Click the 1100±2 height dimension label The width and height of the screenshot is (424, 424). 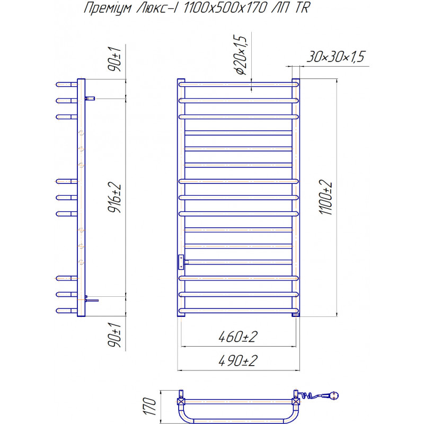pyautogui.click(x=325, y=197)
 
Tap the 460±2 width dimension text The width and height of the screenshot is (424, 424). pyautogui.click(x=238, y=337)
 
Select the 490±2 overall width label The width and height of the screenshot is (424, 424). pyautogui.click(x=238, y=360)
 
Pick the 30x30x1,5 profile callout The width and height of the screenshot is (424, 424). pyautogui.click(x=335, y=57)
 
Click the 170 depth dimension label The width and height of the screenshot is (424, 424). pyautogui.click(x=150, y=406)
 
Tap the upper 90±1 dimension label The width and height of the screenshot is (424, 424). pyautogui.click(x=114, y=59)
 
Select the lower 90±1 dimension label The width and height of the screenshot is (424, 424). pyautogui.click(x=114, y=335)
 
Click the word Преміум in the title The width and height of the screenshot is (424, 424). pyautogui.click(x=108, y=8)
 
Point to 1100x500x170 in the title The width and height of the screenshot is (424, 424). pyautogui.click(x=225, y=7)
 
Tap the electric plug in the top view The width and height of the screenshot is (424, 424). pyautogui.click(x=332, y=395)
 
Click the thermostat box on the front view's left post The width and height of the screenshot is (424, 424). pyautogui.click(x=181, y=262)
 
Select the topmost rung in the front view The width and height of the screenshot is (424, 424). pyautogui.click(x=238, y=84)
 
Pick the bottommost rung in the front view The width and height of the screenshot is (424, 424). pyautogui.click(x=238, y=311)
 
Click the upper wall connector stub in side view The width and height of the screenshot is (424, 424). pyautogui.click(x=90, y=99)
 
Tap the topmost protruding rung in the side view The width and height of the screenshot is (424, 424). pyautogui.click(x=67, y=84)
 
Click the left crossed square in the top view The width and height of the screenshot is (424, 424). pyautogui.click(x=181, y=401)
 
